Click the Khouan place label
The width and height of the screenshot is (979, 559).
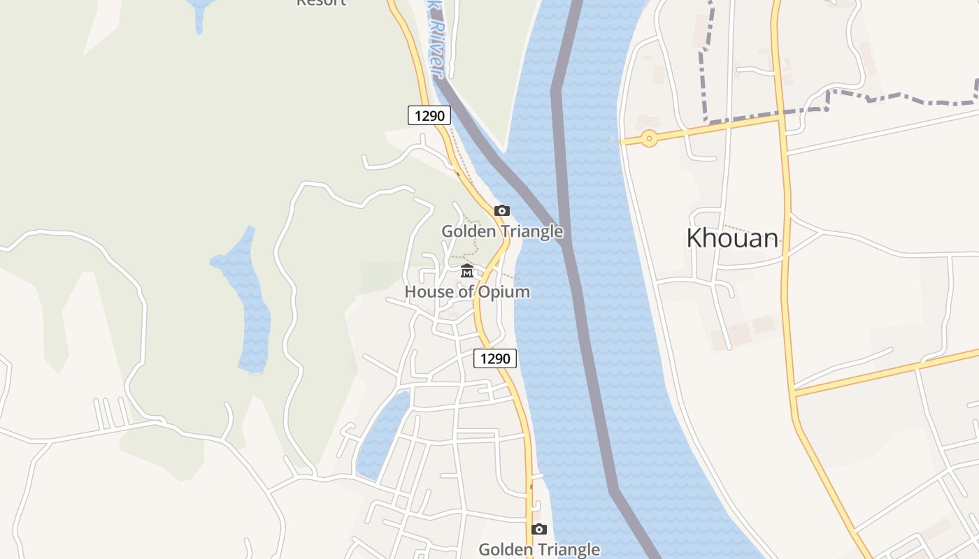(732, 238)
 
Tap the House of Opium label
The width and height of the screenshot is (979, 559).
(467, 292)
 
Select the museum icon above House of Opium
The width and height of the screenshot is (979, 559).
(467, 271)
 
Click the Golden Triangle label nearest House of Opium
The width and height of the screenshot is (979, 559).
(502, 231)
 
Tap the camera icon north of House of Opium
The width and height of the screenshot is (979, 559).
(502, 210)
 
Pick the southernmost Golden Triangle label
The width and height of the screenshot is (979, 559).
(538, 549)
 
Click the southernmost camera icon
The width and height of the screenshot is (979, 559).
(538, 529)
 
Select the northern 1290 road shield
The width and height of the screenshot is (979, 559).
(429, 115)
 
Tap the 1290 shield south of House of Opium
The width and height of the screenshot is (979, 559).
(495, 358)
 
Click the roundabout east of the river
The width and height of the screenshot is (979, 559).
(650, 138)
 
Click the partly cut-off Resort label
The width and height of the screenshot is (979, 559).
(322, 3)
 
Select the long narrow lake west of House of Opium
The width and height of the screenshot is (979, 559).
(248, 300)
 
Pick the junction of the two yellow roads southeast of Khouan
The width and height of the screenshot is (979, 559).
(795, 393)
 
